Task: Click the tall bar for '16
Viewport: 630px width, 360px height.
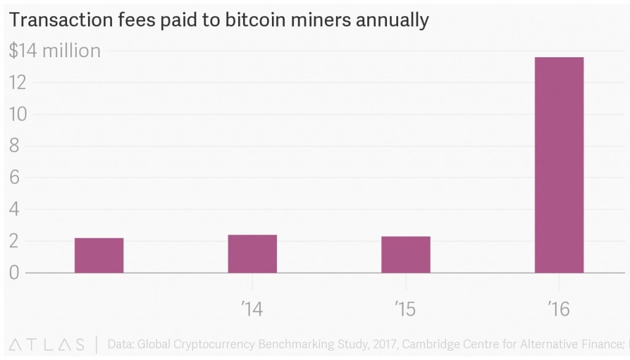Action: [x=559, y=165]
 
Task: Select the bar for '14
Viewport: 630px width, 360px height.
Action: [x=252, y=254]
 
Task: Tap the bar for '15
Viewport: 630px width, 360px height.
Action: [x=405, y=254]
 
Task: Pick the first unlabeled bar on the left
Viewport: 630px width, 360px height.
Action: [x=99, y=255]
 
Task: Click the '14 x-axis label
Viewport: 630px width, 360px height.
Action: [x=252, y=308]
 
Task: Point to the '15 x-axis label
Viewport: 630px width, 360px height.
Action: [x=405, y=308]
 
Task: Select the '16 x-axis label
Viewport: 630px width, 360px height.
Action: [x=559, y=308]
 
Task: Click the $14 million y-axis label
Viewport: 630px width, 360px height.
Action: [x=55, y=51]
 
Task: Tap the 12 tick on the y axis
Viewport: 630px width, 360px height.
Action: [x=18, y=82]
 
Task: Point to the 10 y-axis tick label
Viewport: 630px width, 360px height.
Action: [x=18, y=114]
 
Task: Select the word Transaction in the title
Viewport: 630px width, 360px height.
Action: [x=52, y=20]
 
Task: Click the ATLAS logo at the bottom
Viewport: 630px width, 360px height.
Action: [x=47, y=345]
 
